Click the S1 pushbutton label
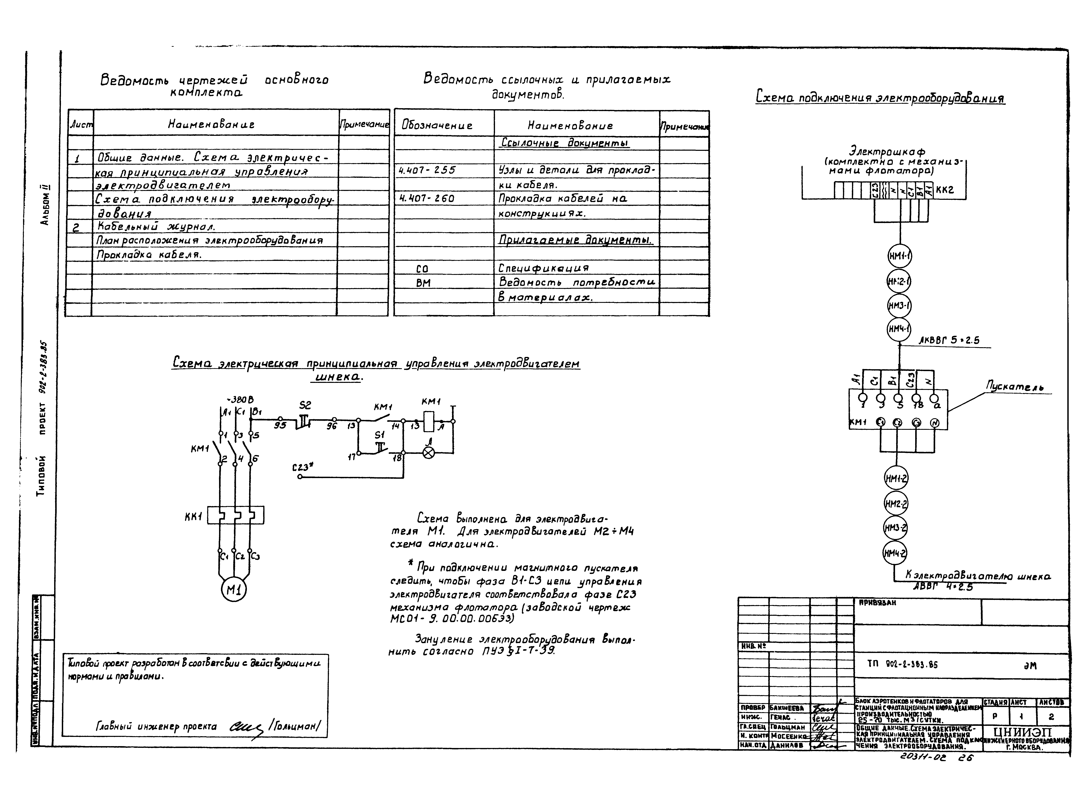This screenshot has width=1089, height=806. [x=379, y=434]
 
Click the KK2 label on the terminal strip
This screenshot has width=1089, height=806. [x=945, y=190]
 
